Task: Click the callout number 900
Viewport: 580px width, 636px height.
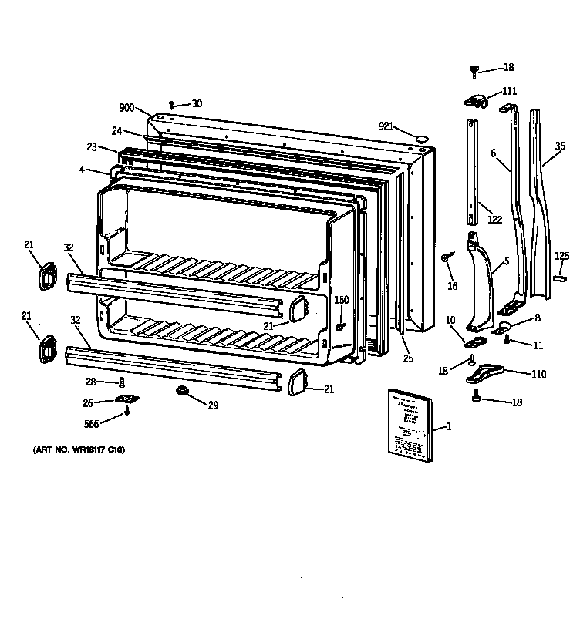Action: pos(127,108)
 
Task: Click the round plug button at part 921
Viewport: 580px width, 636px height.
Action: pos(422,138)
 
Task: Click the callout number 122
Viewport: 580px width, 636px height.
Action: pos(494,220)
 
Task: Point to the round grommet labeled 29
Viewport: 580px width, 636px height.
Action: pos(184,392)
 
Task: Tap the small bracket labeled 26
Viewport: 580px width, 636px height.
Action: pos(125,399)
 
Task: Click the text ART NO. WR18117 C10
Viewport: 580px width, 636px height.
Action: pos(78,449)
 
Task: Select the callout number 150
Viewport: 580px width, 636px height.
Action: pos(341,300)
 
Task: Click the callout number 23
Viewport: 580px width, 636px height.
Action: pos(92,146)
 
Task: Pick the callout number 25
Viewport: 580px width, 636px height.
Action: pos(407,358)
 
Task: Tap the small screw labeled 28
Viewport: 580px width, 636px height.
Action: pos(121,382)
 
